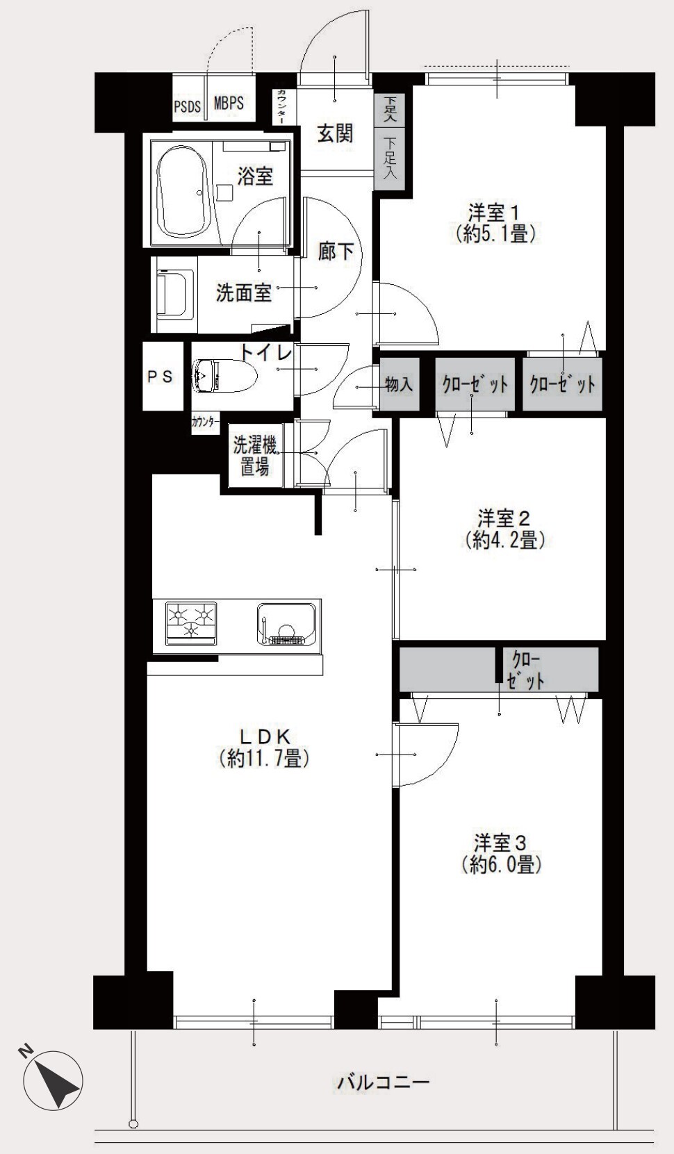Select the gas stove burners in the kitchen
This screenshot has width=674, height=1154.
click(191, 623)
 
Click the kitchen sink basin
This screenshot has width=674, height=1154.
click(286, 623)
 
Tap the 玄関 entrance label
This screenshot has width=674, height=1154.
click(335, 134)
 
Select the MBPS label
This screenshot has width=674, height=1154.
click(229, 103)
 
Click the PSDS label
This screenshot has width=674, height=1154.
click(187, 106)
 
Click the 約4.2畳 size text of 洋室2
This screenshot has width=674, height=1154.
click(504, 540)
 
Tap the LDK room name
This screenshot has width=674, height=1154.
click(263, 736)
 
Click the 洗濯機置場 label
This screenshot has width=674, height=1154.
click(255, 456)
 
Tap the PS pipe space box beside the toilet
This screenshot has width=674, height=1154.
click(163, 377)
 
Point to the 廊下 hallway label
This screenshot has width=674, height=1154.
click(336, 252)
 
